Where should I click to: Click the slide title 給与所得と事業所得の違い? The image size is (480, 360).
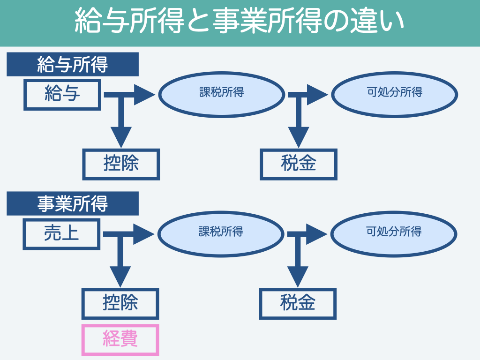[240, 22]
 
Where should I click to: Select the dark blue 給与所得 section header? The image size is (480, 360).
[73, 64]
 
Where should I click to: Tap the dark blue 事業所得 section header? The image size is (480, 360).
[73, 203]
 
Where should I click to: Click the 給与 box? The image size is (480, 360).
[62, 95]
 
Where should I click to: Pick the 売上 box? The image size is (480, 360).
[61, 234]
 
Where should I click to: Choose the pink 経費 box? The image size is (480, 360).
[120, 339]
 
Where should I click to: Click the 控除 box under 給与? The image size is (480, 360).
[121, 164]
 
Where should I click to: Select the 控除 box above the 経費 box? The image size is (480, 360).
[120, 303]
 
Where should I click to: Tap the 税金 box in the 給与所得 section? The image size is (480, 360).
[299, 164]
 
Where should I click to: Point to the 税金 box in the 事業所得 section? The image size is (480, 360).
[298, 303]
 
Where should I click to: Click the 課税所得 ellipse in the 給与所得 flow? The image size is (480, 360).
[222, 94]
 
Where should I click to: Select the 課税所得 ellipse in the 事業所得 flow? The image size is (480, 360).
[221, 233]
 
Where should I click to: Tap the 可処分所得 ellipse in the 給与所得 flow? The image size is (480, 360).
[394, 94]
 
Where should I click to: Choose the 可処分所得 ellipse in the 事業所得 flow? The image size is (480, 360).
[394, 233]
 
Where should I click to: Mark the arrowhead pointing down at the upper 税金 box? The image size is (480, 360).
[299, 137]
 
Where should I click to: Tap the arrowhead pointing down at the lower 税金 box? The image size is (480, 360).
[298, 276]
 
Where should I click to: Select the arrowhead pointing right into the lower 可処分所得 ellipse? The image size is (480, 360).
[317, 234]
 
